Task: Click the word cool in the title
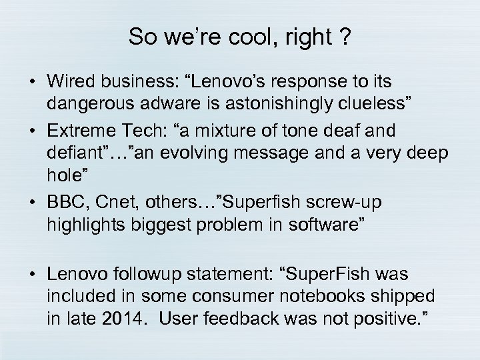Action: pos(241,37)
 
